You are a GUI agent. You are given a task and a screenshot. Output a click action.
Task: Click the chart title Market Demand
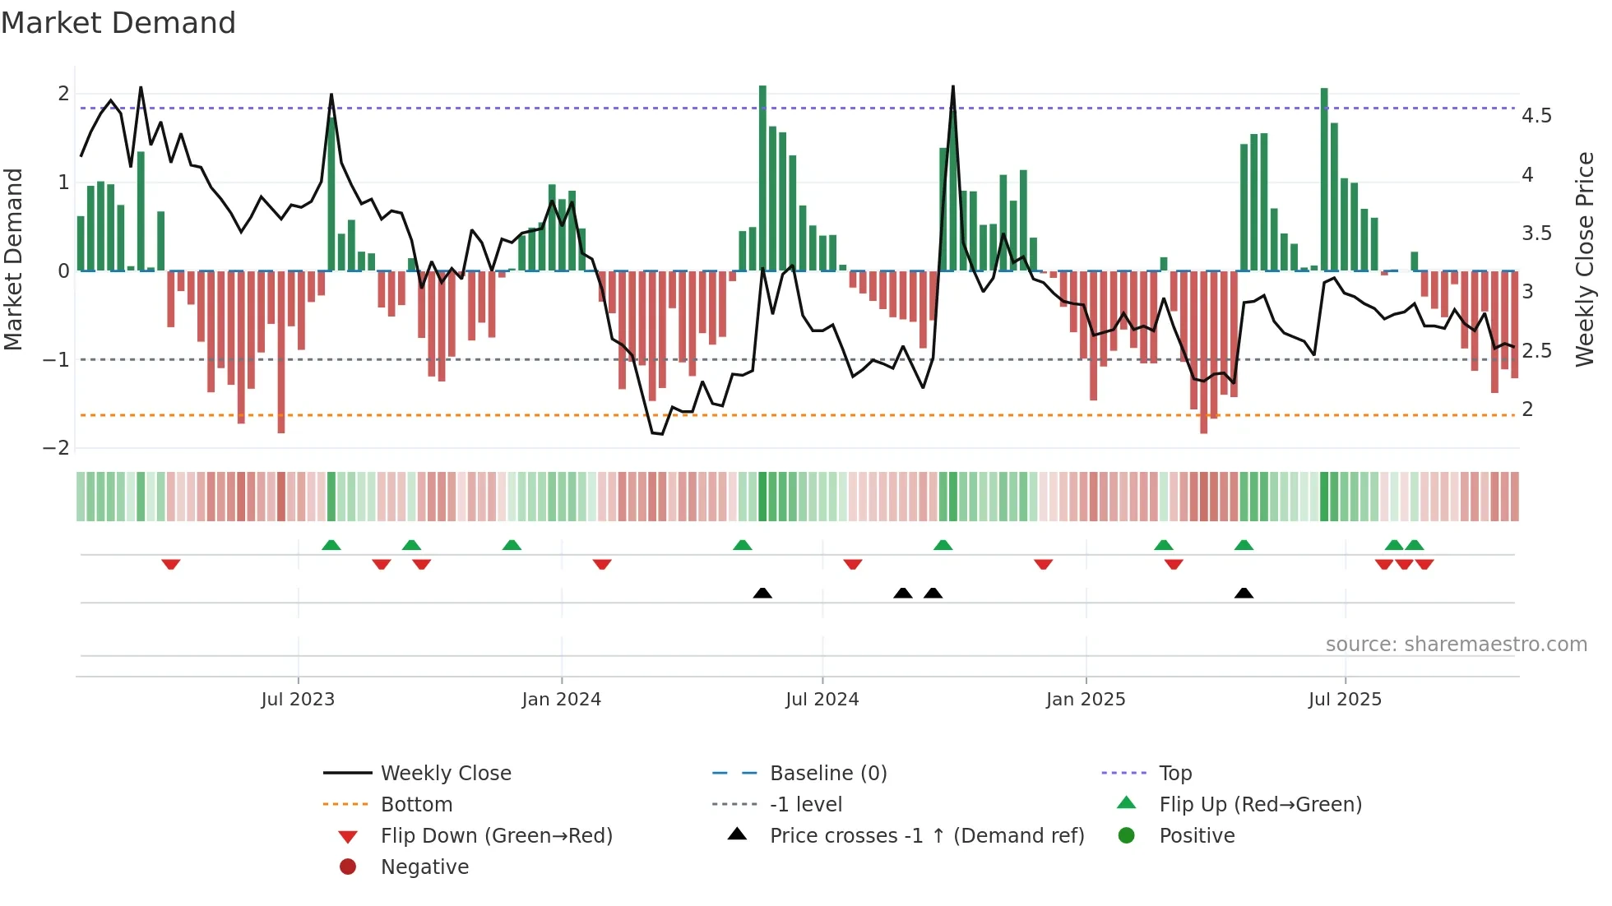pos(118,23)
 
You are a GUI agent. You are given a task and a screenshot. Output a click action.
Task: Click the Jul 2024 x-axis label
pos(822,700)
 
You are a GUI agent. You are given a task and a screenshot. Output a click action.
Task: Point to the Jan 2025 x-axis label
pos(1085,700)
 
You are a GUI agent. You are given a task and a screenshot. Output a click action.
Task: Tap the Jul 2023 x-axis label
pos(298,700)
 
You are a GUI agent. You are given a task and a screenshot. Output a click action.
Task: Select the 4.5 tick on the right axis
pos(1536,116)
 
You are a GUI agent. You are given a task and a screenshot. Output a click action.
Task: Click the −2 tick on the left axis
pos(57,448)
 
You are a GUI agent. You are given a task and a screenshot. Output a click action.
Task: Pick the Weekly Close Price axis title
pos(1584,259)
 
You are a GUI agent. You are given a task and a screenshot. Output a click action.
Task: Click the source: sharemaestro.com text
pos(1456,645)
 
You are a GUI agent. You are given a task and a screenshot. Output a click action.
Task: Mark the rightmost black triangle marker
pos(1244,594)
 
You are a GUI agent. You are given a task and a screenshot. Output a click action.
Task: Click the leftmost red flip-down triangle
pos(171,564)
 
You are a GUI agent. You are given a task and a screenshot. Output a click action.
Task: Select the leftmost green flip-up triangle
pos(331,545)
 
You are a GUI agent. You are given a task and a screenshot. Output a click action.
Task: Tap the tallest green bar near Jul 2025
pos(1324,179)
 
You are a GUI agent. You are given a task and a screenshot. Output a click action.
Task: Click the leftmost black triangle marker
pos(762,594)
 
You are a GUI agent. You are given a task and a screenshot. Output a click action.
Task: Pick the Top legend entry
pos(1174,774)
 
